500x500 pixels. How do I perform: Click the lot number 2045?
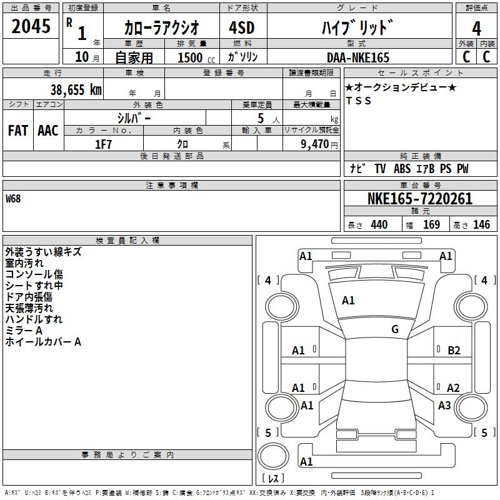pyautogui.click(x=31, y=26)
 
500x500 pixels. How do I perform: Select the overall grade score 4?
pyautogui.click(x=476, y=29)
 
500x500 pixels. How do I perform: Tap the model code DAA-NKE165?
pyautogui.click(x=358, y=57)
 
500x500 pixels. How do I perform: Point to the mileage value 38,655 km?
pyautogui.click(x=76, y=89)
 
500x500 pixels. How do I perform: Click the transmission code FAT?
pyautogui.click(x=18, y=131)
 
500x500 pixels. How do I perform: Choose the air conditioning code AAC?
pyautogui.click(x=48, y=131)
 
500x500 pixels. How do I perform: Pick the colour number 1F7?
pyautogui.click(x=103, y=144)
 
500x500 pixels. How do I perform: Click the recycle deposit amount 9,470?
pyautogui.click(x=315, y=144)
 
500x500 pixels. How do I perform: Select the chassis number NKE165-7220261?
pyautogui.click(x=420, y=199)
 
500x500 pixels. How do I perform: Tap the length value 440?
pyautogui.click(x=379, y=225)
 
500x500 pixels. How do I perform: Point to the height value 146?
pyautogui.click(x=481, y=225)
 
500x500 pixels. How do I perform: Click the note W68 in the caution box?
pyautogui.click(x=13, y=199)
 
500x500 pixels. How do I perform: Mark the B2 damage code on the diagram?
pyautogui.click(x=454, y=351)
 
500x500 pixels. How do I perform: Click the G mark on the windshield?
pyautogui.click(x=395, y=329)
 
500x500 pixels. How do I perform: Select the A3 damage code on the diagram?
pyautogui.click(x=444, y=405)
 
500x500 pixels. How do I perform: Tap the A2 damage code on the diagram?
pyautogui.click(x=453, y=387)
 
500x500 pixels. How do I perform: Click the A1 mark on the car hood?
pyautogui.click(x=348, y=301)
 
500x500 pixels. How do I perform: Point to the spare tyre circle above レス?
pyautogui.click(x=273, y=456)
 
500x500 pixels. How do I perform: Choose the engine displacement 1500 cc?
pyautogui.click(x=196, y=57)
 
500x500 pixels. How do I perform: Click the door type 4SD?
pyautogui.click(x=242, y=27)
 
